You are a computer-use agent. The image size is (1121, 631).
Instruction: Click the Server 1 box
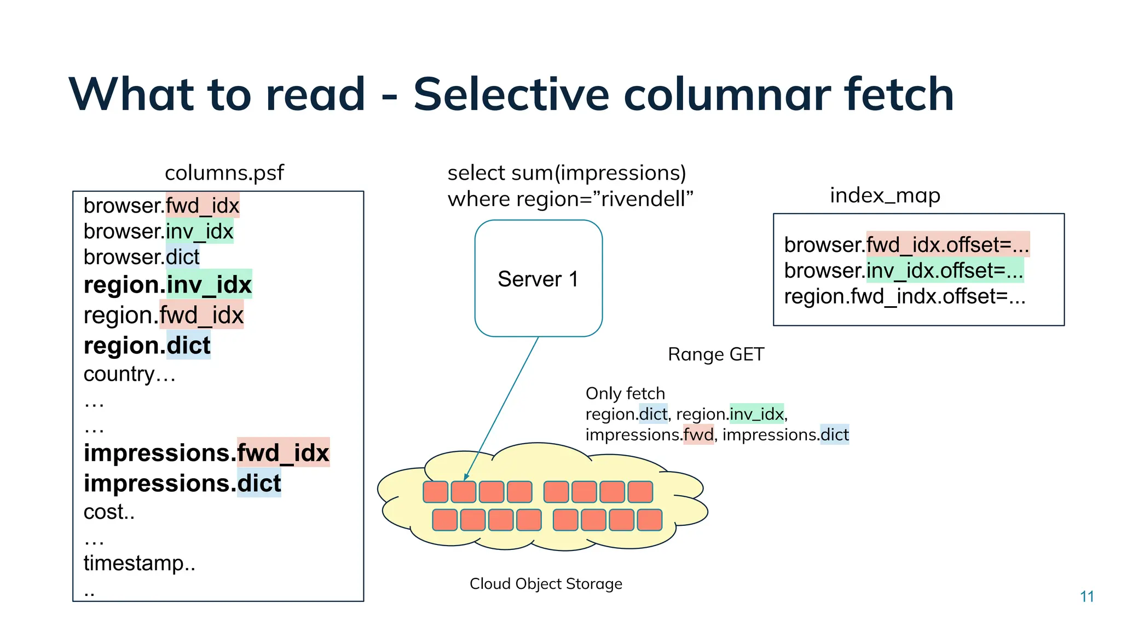538,278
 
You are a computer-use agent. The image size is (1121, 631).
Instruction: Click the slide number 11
1087,596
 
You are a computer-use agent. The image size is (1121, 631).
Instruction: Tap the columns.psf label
224,173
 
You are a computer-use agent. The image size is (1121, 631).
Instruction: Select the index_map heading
885,196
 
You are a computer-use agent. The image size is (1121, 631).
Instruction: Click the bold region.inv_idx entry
167,285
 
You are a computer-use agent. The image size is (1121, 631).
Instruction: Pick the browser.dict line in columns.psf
141,257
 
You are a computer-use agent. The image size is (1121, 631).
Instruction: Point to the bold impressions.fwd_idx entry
206,453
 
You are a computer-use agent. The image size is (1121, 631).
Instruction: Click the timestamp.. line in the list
139,563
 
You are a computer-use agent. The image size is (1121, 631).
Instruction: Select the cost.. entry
109,512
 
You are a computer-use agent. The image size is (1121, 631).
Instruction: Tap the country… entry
129,374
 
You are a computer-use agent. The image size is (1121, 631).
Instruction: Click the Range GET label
715,354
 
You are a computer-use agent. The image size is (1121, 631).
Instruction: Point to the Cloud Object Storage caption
546,584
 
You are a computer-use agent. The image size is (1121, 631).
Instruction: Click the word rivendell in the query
644,199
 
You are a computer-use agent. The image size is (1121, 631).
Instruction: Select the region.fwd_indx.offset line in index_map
904,296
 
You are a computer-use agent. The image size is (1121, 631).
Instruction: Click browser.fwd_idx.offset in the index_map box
906,245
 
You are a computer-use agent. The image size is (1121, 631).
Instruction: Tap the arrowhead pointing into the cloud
466,477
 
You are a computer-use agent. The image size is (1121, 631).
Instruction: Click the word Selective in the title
511,94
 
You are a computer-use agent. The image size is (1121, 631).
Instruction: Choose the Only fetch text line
625,393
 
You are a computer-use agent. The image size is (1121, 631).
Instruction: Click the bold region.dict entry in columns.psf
147,346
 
